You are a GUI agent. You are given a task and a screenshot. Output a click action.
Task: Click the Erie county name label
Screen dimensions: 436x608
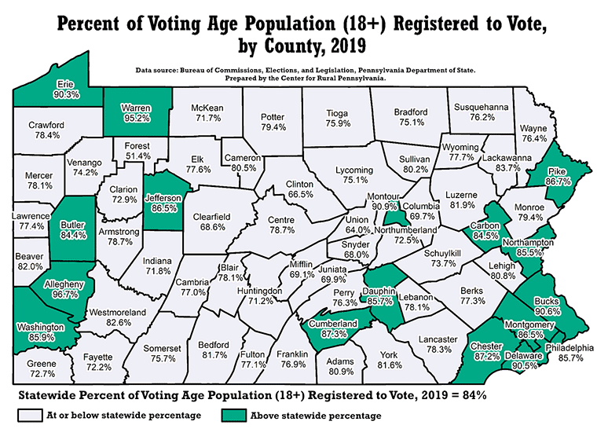(x=66, y=84)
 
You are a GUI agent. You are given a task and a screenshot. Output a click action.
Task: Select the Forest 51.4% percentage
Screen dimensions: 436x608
(x=137, y=156)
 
